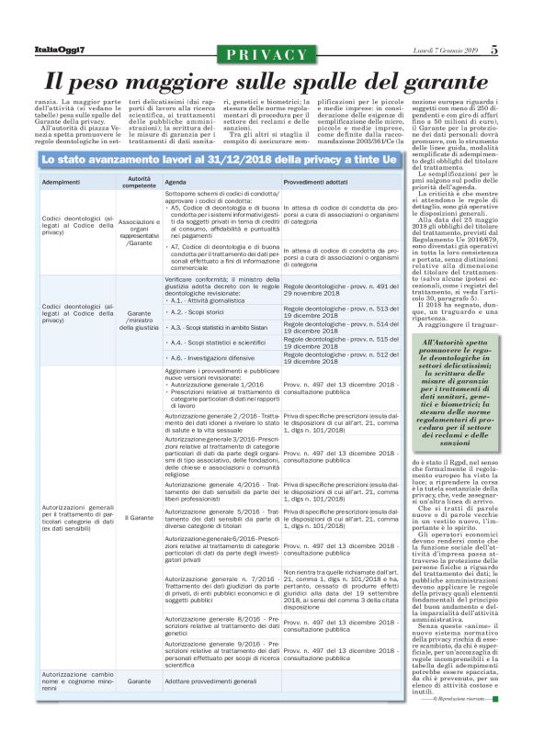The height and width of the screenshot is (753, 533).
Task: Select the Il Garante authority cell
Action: click(x=140, y=518)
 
